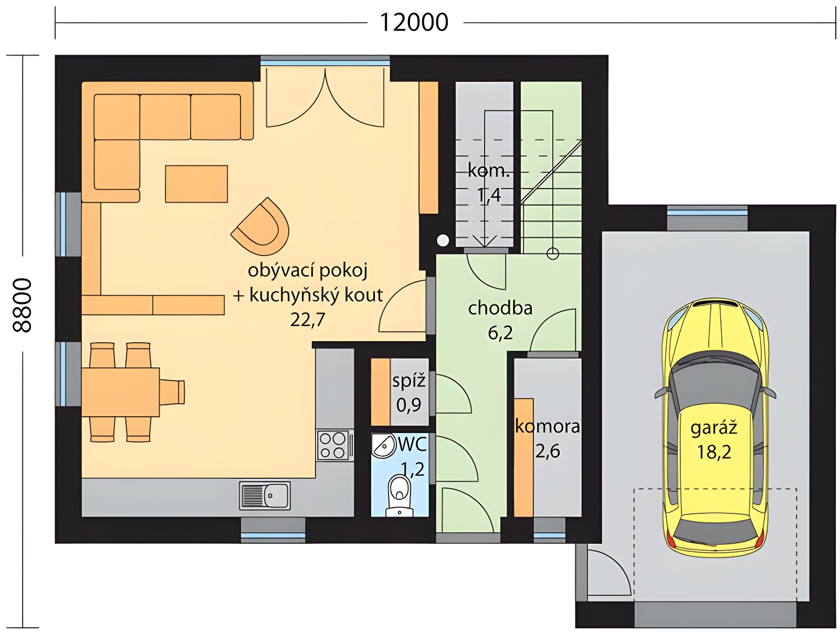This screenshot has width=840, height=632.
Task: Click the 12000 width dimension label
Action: [x=414, y=23]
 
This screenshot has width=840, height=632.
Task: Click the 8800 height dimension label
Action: [x=22, y=305]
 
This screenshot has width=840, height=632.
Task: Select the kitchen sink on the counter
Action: [x=265, y=496]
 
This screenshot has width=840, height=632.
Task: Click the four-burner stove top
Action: [x=332, y=445]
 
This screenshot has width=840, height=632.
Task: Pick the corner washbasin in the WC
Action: [x=383, y=445]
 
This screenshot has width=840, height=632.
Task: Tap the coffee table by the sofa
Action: [x=196, y=184]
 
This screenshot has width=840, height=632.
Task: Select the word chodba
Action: [x=500, y=308]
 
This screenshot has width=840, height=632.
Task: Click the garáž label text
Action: [x=713, y=428]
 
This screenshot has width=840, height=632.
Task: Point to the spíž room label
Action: [x=408, y=381]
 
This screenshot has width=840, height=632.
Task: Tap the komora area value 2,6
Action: [x=547, y=451]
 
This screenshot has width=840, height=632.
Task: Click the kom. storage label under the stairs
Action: [x=489, y=171]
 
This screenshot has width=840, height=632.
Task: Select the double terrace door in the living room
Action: [x=325, y=98]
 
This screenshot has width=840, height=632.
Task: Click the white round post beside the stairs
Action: [x=443, y=240]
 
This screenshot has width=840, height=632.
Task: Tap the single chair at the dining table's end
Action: [x=172, y=392]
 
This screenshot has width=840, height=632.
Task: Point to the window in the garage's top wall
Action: [x=707, y=218]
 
